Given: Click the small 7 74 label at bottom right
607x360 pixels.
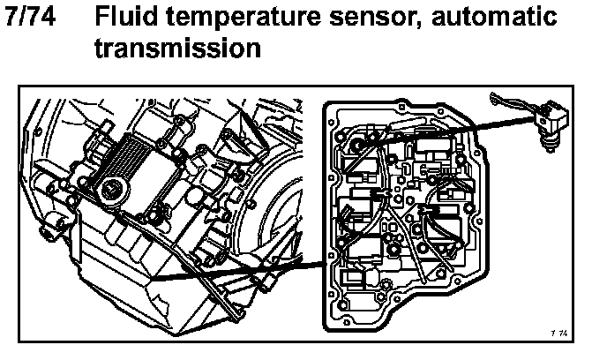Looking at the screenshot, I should click(560, 332).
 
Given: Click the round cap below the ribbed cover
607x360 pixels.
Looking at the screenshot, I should click(112, 187).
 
